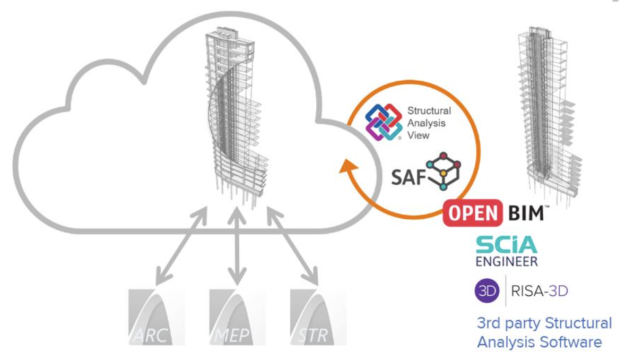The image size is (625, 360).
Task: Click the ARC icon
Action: click(x=156, y=317)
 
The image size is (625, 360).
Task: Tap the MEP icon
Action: click(x=237, y=317)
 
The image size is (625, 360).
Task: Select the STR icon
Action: click(x=318, y=317)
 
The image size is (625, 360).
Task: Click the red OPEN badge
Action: click(x=473, y=213)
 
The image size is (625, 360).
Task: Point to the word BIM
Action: click(x=526, y=213)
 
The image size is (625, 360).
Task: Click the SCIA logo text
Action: click(x=507, y=245)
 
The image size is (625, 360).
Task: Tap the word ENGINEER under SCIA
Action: click(x=507, y=262)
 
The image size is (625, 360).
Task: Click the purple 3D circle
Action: click(x=487, y=290)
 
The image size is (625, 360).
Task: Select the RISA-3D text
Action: click(x=539, y=291)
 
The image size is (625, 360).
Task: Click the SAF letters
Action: click(x=408, y=177)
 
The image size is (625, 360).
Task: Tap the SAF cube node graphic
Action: click(x=444, y=170)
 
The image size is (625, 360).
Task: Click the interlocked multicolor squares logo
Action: click(x=384, y=122)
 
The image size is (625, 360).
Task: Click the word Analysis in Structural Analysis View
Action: click(x=426, y=123)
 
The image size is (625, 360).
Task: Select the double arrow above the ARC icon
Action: click(x=182, y=246)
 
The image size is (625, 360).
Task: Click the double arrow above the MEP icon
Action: click(x=237, y=246)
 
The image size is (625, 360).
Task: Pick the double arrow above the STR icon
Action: click(x=292, y=246)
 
